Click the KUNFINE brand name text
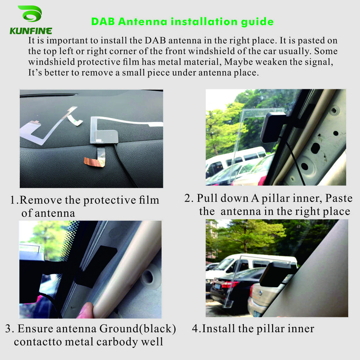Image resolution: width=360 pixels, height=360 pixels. click(31, 31)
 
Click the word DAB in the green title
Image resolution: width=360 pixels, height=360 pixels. click(103, 21)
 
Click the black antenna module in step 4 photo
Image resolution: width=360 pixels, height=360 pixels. click(275, 274)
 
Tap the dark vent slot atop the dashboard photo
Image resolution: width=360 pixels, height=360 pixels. click(49, 95)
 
